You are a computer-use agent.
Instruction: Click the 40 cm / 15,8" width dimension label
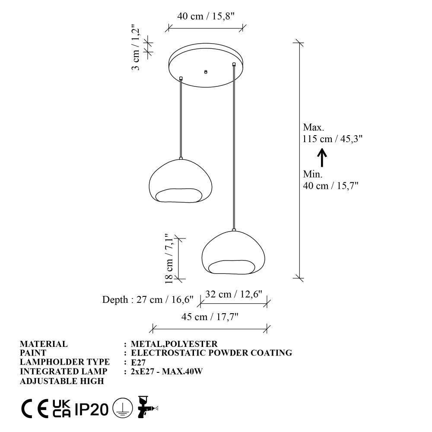[x=206, y=16]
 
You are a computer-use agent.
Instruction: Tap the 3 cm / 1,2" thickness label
[x=137, y=49]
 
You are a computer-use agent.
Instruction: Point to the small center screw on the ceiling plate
[x=206, y=72]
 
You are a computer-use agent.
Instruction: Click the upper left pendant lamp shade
[x=181, y=181]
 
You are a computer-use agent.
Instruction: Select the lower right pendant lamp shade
[x=233, y=253]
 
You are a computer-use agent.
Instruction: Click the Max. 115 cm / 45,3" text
[x=333, y=133]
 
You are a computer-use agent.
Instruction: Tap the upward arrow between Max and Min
[x=322, y=158]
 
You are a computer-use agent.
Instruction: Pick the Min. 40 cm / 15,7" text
[x=330, y=180]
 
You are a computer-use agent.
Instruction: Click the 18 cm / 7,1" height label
[x=169, y=258]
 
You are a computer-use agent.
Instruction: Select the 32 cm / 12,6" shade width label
[x=233, y=294]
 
